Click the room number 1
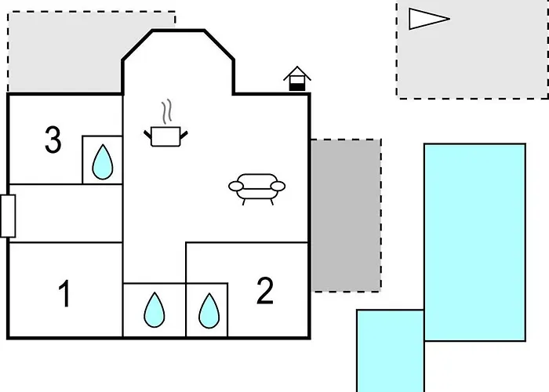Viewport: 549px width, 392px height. tap(65, 294)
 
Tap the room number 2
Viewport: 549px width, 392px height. tap(265, 291)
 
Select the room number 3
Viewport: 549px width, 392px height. tap(53, 140)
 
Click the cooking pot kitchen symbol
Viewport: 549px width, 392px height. tap(165, 136)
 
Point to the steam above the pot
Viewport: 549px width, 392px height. tap(167, 111)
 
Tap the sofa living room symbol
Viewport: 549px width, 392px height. tap(257, 189)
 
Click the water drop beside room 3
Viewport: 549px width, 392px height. tap(103, 162)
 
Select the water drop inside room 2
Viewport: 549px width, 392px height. tap(209, 310)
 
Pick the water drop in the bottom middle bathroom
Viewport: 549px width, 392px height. tap(154, 310)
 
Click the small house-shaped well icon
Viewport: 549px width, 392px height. tap(297, 78)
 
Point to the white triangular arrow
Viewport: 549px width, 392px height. tap(429, 19)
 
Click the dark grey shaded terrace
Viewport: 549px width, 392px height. tap(346, 216)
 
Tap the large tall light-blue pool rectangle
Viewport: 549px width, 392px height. tap(474, 242)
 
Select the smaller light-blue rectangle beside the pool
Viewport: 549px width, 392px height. tap(391, 350)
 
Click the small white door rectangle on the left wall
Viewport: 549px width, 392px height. tap(8, 216)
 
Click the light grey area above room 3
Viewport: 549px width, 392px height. tap(65, 53)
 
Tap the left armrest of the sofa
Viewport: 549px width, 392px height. tap(236, 187)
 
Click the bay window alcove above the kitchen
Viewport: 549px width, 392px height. tap(178, 62)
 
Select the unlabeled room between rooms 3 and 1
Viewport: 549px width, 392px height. tap(65, 213)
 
